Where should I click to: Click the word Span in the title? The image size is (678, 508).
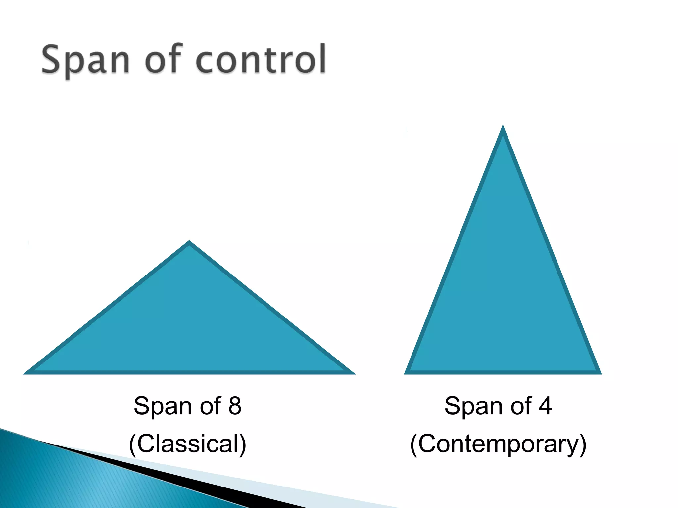[x=85, y=60]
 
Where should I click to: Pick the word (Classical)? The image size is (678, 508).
[x=188, y=444]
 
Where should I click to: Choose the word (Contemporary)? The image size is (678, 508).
[x=498, y=444]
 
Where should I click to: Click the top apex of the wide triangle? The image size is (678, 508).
[x=189, y=242]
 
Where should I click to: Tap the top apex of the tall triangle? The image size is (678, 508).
[x=503, y=126]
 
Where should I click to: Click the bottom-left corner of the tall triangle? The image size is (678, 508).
[x=405, y=373]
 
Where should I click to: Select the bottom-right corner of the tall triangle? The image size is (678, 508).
[x=600, y=373]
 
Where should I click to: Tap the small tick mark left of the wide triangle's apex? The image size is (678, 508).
[x=28, y=243]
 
